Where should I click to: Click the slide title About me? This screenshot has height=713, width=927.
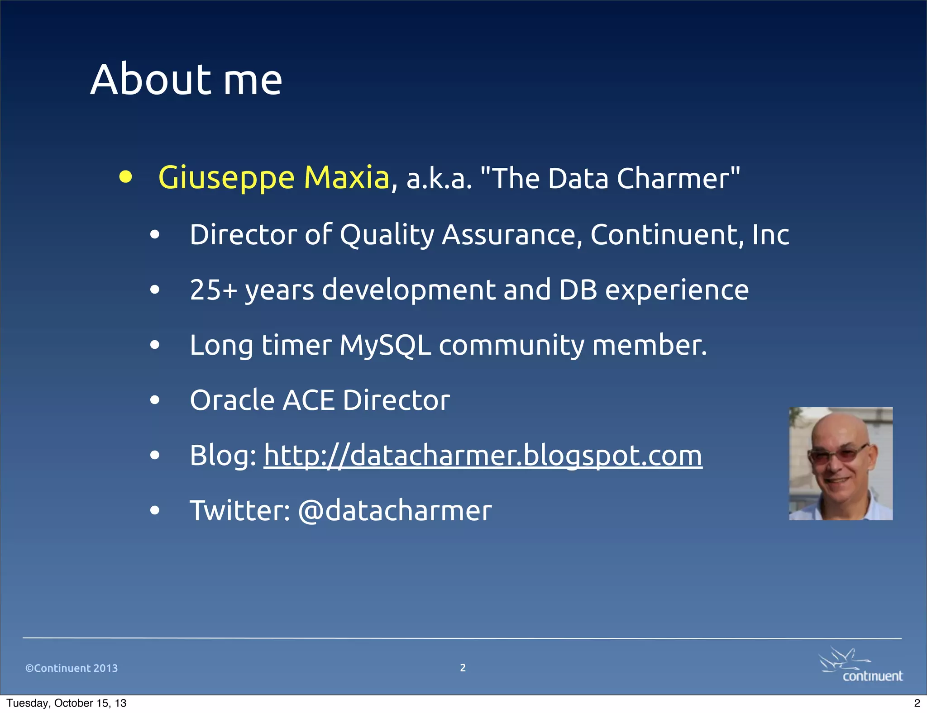[186, 80]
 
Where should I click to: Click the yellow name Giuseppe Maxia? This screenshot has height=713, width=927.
[273, 177]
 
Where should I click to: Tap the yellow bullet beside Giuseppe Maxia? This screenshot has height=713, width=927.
[125, 177]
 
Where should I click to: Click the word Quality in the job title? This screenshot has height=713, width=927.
[387, 235]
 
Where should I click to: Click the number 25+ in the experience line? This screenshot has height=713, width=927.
[213, 290]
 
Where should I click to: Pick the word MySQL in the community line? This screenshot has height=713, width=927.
[385, 345]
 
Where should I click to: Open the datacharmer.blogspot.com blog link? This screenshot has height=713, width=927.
[483, 456]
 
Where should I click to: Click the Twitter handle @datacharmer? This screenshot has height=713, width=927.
[395, 511]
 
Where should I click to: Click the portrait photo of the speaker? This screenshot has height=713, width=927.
[841, 464]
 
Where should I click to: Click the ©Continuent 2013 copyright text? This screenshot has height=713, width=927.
[72, 668]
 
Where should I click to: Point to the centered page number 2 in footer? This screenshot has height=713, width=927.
[463, 668]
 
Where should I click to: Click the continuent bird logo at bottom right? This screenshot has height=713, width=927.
[861, 665]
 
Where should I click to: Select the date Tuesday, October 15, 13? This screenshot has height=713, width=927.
[67, 703]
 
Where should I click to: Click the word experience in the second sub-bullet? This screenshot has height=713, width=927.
[677, 290]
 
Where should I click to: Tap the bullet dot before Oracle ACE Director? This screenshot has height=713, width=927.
[155, 400]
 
